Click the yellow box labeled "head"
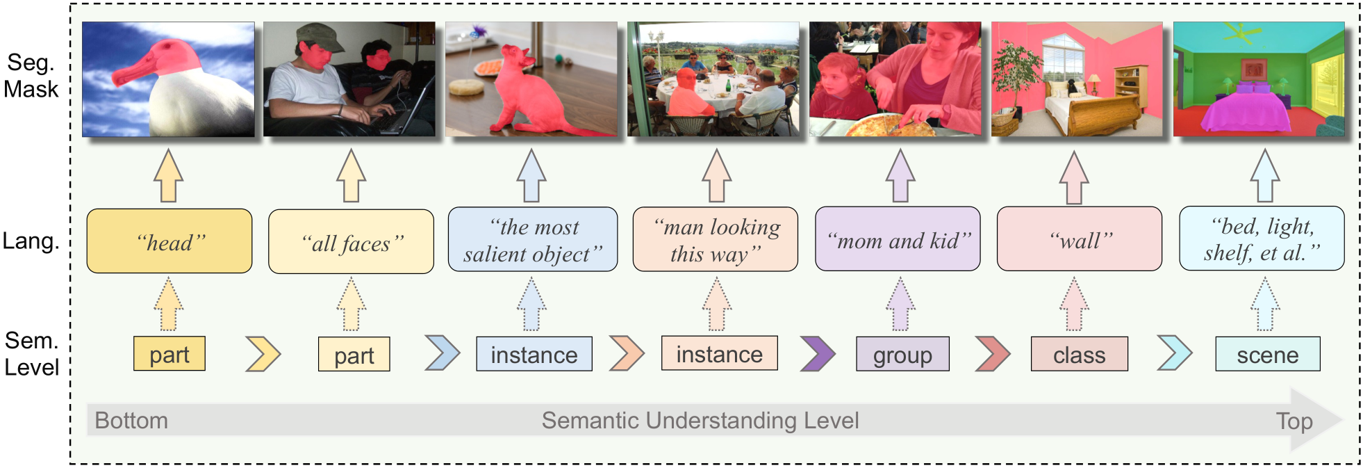[170, 241]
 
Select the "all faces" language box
[351, 241]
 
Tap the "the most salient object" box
[533, 239]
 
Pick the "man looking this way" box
[716, 239]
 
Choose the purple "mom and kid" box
[898, 239]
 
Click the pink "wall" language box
[1080, 239]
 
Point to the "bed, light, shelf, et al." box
[1262, 238]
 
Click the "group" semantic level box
[902, 354]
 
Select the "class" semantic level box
[1079, 354]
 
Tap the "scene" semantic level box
[1267, 354]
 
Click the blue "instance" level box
[534, 354]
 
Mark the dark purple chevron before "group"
[818, 353]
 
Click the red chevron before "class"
[993, 353]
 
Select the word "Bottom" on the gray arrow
[131, 421]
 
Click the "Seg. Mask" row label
[31, 76]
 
